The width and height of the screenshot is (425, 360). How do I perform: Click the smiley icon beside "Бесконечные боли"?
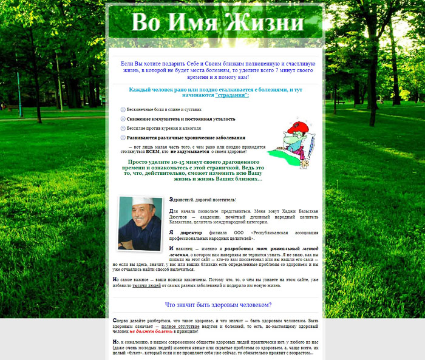tap(123, 109)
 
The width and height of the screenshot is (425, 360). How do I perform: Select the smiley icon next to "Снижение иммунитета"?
tap(123, 119)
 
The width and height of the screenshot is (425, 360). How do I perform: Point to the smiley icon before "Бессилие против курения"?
tap(123, 128)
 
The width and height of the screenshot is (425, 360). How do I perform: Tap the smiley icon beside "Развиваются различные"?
tap(123, 138)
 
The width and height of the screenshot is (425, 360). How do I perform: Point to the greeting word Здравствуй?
tap(182, 199)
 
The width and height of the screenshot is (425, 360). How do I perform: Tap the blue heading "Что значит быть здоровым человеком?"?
tap(218, 305)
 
